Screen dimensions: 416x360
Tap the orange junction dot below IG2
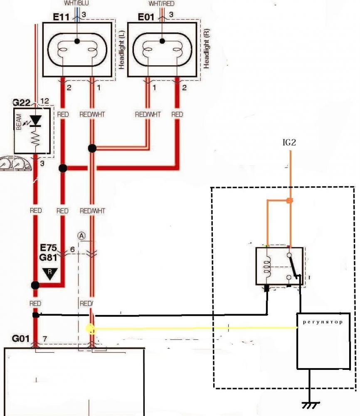290,201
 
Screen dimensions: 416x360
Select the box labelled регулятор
323,340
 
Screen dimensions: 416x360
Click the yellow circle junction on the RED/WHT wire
90,329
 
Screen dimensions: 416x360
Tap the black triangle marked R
50,274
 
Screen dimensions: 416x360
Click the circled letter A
82,235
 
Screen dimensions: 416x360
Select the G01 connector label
20,339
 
